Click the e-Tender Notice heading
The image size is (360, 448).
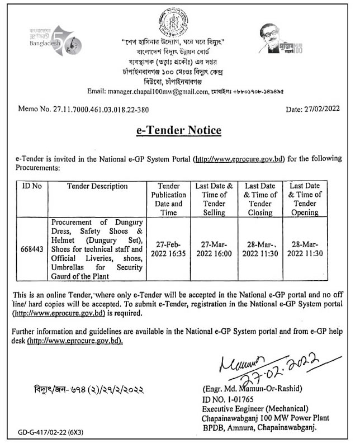pos(178,131)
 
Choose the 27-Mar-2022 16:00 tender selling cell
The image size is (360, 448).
pos(215,249)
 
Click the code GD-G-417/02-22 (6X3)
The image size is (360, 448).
pos(49,432)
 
